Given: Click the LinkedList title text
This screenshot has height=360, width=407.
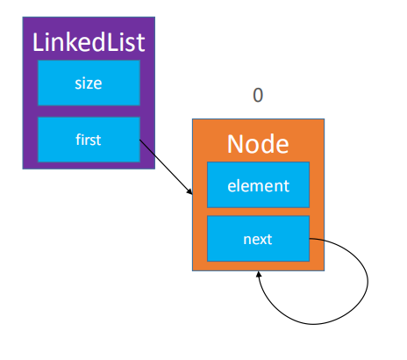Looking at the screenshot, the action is tap(89, 42).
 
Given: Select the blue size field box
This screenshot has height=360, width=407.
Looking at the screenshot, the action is tap(89, 83).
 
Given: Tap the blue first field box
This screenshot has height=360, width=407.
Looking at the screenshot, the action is tap(89, 140).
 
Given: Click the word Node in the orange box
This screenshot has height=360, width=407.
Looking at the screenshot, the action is tap(258, 144).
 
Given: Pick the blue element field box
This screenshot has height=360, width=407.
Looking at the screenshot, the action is tap(258, 184).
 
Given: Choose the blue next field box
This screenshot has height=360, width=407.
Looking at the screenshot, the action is tap(258, 239).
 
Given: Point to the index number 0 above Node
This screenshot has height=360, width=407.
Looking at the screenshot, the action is tap(258, 95).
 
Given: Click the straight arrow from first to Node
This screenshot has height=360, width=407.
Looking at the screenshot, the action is tap(166, 167).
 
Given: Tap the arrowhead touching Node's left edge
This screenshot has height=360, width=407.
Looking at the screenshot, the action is tap(189, 191).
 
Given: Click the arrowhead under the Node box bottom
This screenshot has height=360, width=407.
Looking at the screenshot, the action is tap(259, 275).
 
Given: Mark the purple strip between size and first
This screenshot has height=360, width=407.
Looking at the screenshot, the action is tap(89, 112).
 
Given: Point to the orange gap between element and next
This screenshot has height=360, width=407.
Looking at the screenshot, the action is tap(258, 212).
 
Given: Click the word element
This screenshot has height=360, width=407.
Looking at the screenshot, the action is tap(259, 185).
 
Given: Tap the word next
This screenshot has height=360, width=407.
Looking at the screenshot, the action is tap(258, 239).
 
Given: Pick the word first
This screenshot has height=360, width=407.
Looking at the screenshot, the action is tap(89, 140).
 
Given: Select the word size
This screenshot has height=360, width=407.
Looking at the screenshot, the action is tap(89, 83).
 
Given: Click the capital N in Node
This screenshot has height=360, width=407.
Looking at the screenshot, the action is tap(236, 144).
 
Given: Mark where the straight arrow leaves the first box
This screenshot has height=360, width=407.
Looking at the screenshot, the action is tap(139, 140).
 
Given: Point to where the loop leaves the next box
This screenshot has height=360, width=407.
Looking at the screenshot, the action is tap(310, 239).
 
